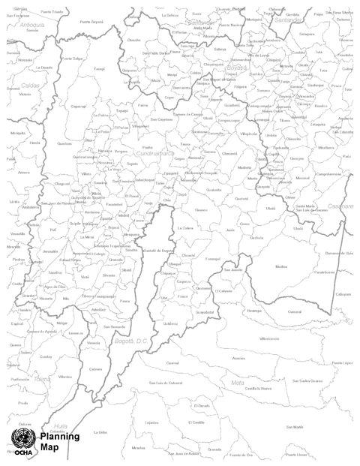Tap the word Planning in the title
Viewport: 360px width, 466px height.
55,437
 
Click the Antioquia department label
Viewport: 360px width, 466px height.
33,23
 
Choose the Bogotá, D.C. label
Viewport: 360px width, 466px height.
123,341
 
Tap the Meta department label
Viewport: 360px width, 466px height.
238,383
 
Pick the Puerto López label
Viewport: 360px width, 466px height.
341,362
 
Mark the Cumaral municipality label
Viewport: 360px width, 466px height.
295,311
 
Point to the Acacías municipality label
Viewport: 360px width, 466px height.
238,358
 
